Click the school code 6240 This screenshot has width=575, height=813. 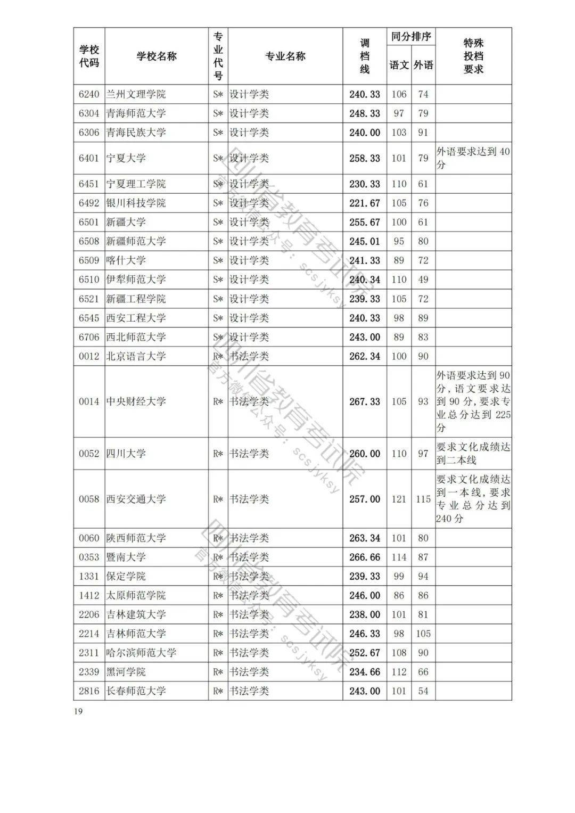tap(89, 94)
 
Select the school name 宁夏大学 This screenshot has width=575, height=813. tap(126, 158)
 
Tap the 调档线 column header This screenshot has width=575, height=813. tap(365, 56)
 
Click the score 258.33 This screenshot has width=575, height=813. tap(365, 158)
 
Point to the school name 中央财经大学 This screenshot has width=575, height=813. tap(136, 401)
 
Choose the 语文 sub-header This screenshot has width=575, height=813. tap(399, 65)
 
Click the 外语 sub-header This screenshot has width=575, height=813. tap(423, 65)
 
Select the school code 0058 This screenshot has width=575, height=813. tap(89, 499)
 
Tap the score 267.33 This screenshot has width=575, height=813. tap(365, 401)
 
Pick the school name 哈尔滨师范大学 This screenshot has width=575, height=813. tap(141, 653)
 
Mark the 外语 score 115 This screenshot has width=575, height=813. tap(423, 499)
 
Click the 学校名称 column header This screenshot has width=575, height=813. tap(157, 56)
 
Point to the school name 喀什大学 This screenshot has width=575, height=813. tap(126, 260)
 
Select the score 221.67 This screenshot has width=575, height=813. tap(365, 203)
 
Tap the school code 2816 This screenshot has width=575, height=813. tap(89, 691)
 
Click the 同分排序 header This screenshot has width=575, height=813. tap(411, 37)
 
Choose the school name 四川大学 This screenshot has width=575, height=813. tap(126, 454)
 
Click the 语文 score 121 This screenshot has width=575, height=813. tap(399, 499)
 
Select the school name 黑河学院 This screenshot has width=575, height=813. tap(126, 672)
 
